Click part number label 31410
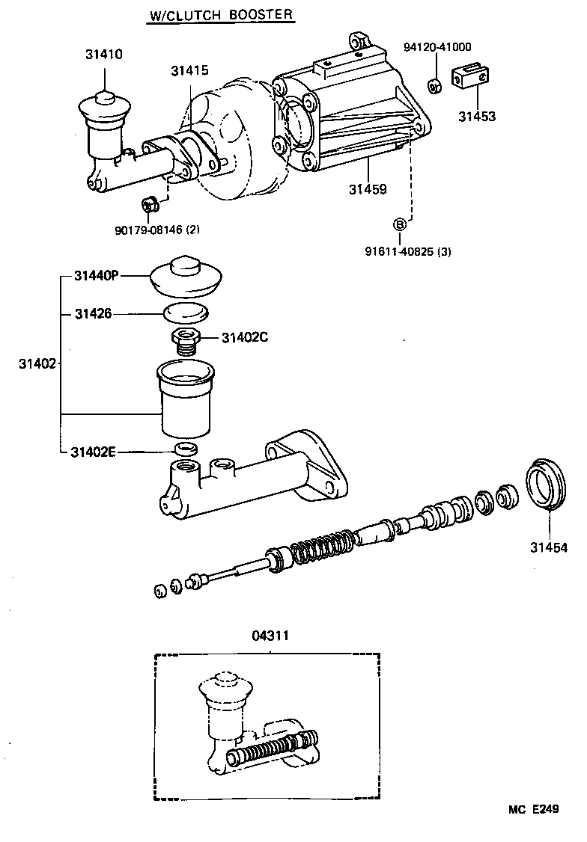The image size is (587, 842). click(103, 55)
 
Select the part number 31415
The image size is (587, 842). click(189, 71)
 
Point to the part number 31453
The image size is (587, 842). click(477, 117)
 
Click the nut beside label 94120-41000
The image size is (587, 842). click(434, 84)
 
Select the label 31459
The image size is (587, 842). click(367, 188)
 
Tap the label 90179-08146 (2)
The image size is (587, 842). click(157, 230)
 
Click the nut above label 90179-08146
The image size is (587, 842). click(147, 203)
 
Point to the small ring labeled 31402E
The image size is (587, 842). click(185, 449)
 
